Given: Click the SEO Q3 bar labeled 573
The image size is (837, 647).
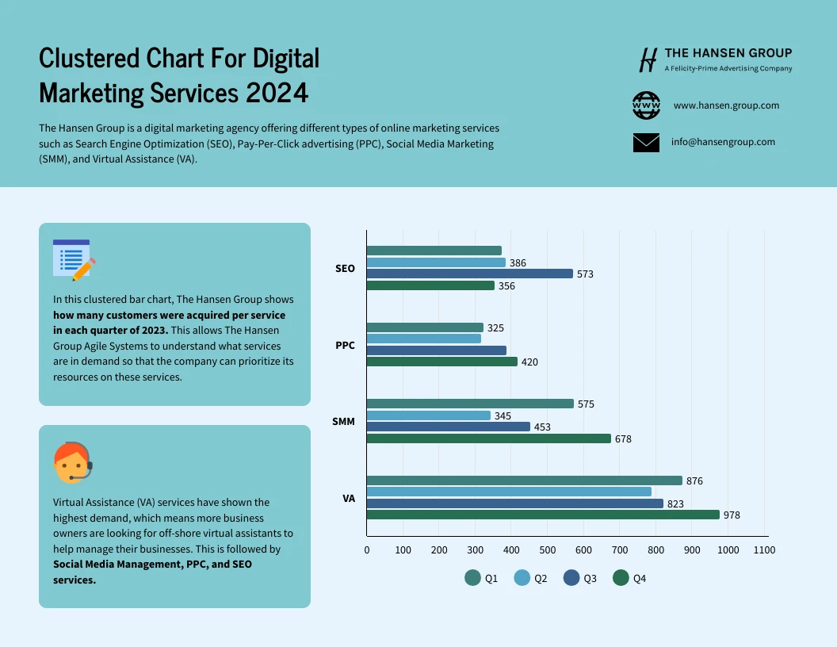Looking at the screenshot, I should pos(469,274).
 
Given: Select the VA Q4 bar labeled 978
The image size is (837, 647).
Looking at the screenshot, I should pos(543,515).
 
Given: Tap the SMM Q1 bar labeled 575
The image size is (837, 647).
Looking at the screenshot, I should pos(470,404).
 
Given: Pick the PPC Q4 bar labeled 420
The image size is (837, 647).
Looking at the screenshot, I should pos(441,362).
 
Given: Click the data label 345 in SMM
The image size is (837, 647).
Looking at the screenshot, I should pos(503,415).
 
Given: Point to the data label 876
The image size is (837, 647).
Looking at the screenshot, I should pos(694,480).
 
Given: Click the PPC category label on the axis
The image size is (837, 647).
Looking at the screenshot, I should pos(345,345).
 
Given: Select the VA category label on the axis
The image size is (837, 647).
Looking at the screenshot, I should pos(349,498).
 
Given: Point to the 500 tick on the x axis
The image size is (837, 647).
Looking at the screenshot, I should pos(547,549).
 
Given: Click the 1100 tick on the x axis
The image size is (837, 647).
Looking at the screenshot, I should pos(764,549).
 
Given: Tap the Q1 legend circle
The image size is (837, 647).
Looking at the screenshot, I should pos(473,578).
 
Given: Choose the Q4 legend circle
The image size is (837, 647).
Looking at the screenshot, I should pos(621,578).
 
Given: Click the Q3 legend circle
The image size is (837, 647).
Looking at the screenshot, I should pos(571,578).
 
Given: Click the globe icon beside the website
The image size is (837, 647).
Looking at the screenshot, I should pos(646,105).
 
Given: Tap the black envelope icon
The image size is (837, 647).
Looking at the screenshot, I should pos(646,143).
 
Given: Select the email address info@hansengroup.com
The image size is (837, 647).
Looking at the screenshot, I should pos(723,142).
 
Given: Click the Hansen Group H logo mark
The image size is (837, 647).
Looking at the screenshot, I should pos(648,59).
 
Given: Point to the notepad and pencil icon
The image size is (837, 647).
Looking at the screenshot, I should pos(73,259).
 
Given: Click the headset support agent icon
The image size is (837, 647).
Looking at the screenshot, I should pos(72,462).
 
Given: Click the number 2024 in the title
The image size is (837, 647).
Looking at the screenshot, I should pos(277,93).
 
